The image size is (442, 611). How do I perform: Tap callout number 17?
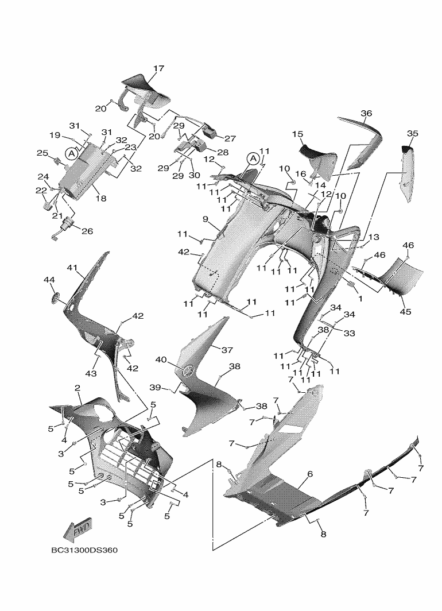[x=158, y=68]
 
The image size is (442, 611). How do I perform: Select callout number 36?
[x=366, y=114]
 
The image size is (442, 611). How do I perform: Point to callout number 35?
[x=412, y=133]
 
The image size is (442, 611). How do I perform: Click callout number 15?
[x=297, y=134]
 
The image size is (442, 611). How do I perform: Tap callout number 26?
[x=87, y=232]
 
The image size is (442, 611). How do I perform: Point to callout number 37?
[x=227, y=350]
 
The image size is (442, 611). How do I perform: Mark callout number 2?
[x=77, y=388]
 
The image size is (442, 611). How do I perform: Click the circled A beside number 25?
[x=71, y=153]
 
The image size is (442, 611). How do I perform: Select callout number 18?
[x=100, y=198]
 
